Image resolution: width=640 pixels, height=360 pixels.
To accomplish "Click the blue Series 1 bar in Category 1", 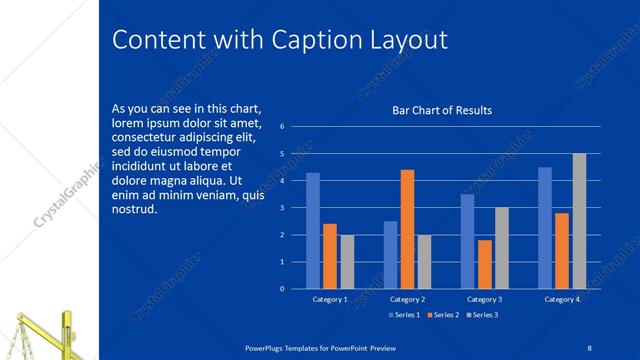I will [x=313, y=231].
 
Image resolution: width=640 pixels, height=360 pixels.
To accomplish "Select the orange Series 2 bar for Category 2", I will [x=407, y=229].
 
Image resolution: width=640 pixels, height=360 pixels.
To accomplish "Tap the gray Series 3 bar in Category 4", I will [x=579, y=221].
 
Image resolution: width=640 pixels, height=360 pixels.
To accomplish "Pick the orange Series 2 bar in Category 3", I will [x=485, y=264].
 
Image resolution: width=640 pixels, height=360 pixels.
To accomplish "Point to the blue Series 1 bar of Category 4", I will [x=545, y=228].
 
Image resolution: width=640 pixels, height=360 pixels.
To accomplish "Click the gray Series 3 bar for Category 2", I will [x=423, y=262].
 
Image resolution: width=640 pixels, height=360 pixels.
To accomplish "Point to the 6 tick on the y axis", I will [x=283, y=127].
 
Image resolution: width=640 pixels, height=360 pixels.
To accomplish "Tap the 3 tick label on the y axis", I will [x=283, y=208].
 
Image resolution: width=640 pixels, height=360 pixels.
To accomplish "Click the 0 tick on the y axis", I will [x=283, y=289].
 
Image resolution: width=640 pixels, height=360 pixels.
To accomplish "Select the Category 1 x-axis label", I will [x=330, y=300].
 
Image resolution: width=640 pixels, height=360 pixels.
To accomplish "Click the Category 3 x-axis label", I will [x=485, y=300].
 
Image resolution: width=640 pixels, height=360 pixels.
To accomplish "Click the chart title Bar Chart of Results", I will [x=441, y=111].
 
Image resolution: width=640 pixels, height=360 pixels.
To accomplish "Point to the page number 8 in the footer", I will [x=590, y=346].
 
